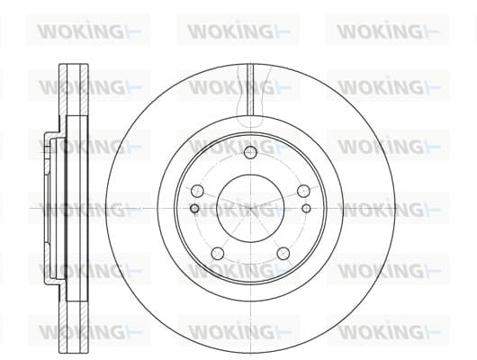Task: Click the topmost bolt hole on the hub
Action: [x=250, y=152]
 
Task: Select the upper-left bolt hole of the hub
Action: [x=197, y=191]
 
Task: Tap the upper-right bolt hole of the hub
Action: [x=303, y=191]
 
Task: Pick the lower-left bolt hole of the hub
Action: [x=218, y=254]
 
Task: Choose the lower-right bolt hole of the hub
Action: [x=283, y=254]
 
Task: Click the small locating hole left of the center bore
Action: [x=194, y=209]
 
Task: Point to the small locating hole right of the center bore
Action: [x=307, y=209]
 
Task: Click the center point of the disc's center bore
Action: [x=250, y=209]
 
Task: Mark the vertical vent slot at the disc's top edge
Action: [x=250, y=89]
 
